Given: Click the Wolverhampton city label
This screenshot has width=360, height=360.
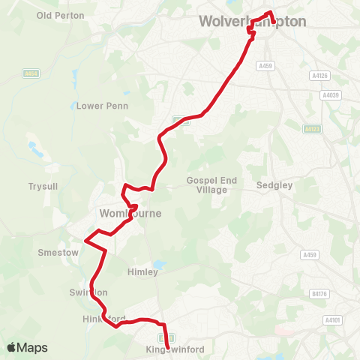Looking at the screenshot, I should pos(253,22).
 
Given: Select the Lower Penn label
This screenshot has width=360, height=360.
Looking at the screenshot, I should pos(103,106).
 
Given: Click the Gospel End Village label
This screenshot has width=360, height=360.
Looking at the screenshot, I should pos(211,185).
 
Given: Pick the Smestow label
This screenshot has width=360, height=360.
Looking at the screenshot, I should pos(58,253).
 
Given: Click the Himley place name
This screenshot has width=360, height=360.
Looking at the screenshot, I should pos(142,272).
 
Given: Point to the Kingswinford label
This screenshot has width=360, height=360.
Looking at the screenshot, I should pos(175,349).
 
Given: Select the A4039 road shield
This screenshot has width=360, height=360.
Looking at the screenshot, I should pos(329,95).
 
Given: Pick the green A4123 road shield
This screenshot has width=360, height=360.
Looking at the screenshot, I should pos(312,129).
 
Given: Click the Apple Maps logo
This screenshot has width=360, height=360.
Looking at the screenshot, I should pos(28,347).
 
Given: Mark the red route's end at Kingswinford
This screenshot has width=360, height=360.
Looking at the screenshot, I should pos(166,337).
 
